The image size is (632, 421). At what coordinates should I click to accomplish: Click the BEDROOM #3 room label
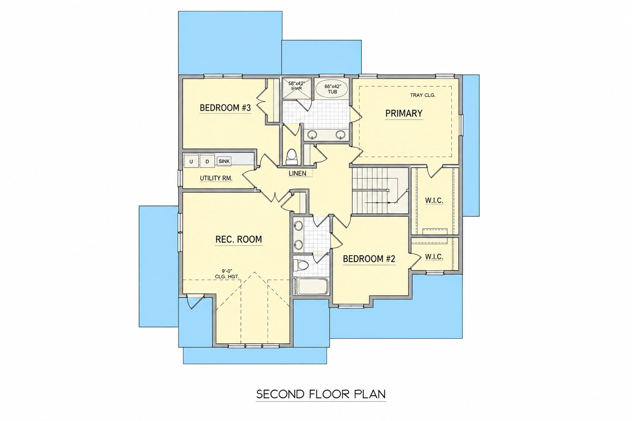coord(225,108)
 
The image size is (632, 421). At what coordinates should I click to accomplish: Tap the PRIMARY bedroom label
coord(404,113)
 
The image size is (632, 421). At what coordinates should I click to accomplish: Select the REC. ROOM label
coord(239,239)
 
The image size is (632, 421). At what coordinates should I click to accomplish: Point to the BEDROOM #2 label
coord(369,259)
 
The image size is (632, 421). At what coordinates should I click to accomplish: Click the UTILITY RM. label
coord(216,178)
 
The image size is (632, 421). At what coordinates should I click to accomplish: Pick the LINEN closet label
coord(297,173)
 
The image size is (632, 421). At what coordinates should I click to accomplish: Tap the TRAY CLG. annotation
coord(423,95)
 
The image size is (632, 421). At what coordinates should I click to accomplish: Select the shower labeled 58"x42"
coord(297,88)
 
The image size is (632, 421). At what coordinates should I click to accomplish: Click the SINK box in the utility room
coord(224,161)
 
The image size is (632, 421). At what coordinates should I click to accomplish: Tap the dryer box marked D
coord(207,161)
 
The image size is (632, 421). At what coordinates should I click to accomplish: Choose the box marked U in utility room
coord(191,161)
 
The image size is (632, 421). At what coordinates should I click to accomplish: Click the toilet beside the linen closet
coord(292,157)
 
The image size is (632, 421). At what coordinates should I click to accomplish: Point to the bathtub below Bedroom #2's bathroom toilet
coord(311,287)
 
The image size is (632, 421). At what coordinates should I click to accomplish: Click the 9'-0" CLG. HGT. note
coord(227,274)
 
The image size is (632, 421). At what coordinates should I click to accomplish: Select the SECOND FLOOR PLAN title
coord(321,394)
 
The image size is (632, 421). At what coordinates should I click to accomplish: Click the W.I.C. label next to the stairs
coord(434,201)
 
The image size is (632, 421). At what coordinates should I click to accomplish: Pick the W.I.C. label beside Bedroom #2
coord(434,257)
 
